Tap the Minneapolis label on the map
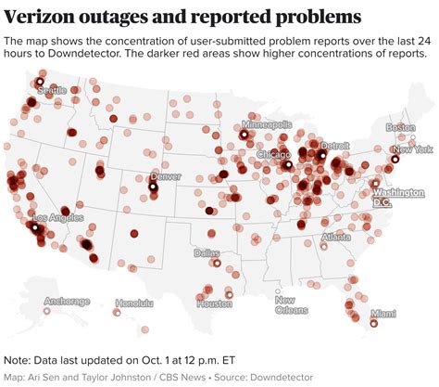tap(267, 123)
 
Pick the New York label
tap(412, 149)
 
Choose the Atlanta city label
tap(336, 237)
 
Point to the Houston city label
tap(214, 303)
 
